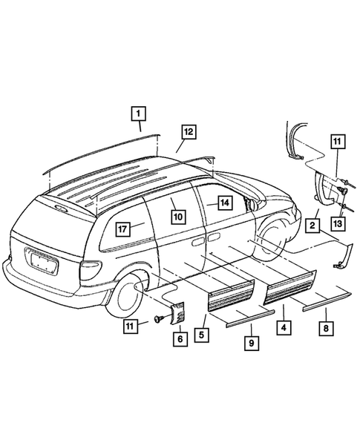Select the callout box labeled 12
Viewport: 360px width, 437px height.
[189, 132]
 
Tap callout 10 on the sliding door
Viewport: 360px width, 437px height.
[178, 217]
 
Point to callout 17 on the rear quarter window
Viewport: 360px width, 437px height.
[121, 228]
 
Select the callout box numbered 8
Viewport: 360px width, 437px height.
[324, 327]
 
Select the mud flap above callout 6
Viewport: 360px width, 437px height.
[178, 312]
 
